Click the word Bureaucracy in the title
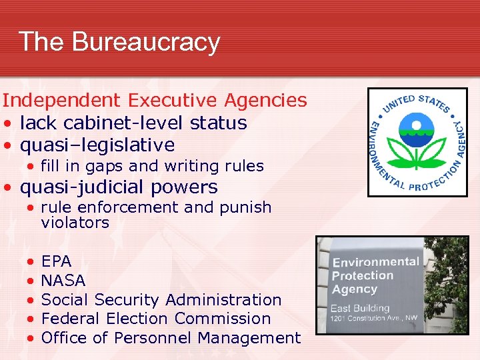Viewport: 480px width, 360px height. [x=146, y=42]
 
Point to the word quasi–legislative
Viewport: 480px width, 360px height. [x=97, y=145]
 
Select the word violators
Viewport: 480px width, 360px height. [x=75, y=223]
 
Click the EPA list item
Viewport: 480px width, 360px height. [x=57, y=260]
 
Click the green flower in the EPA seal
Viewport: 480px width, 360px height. [x=417, y=151]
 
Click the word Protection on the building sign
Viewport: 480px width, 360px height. [x=363, y=276]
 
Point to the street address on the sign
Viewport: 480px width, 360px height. [x=373, y=319]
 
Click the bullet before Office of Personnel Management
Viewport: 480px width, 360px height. [x=31, y=339]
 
